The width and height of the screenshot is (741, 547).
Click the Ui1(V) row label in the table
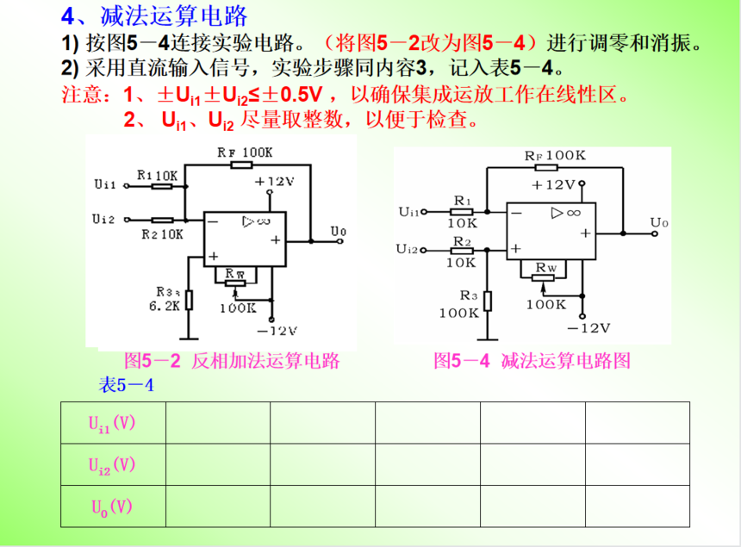pos(112,423)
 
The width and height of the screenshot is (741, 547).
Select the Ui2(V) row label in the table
pos(112,465)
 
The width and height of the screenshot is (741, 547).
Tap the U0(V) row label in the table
pos(112,507)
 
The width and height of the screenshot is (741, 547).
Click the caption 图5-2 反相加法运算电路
pos(231,360)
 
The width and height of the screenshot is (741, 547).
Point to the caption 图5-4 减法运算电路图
pos(532,360)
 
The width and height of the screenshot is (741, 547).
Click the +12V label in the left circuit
pos(275,182)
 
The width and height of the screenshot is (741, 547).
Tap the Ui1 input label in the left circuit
pos(105,184)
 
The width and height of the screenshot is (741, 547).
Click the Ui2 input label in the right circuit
pos(408,249)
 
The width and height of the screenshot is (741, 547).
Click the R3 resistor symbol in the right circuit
pos(487,300)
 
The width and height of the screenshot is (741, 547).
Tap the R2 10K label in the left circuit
pos(161,233)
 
